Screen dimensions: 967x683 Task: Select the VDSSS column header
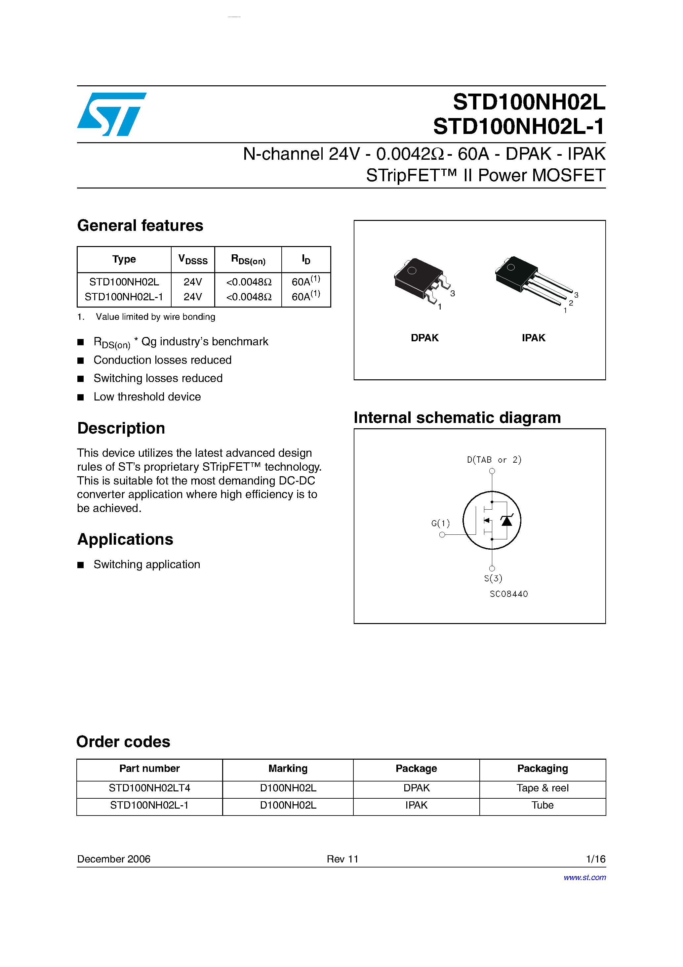(193, 259)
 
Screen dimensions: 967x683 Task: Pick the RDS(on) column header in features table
(248, 259)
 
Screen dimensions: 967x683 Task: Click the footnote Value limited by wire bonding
(155, 317)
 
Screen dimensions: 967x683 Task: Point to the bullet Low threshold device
(147, 397)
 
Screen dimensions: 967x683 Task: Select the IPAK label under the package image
(533, 338)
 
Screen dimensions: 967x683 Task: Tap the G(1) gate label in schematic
(440, 523)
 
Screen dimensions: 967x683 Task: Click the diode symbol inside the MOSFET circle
(506, 521)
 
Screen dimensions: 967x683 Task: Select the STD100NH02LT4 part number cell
(149, 788)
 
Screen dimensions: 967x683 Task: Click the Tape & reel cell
(542, 788)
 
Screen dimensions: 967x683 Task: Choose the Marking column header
(288, 769)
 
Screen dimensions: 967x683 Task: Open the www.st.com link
(584, 877)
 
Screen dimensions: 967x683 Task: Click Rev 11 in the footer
(342, 859)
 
